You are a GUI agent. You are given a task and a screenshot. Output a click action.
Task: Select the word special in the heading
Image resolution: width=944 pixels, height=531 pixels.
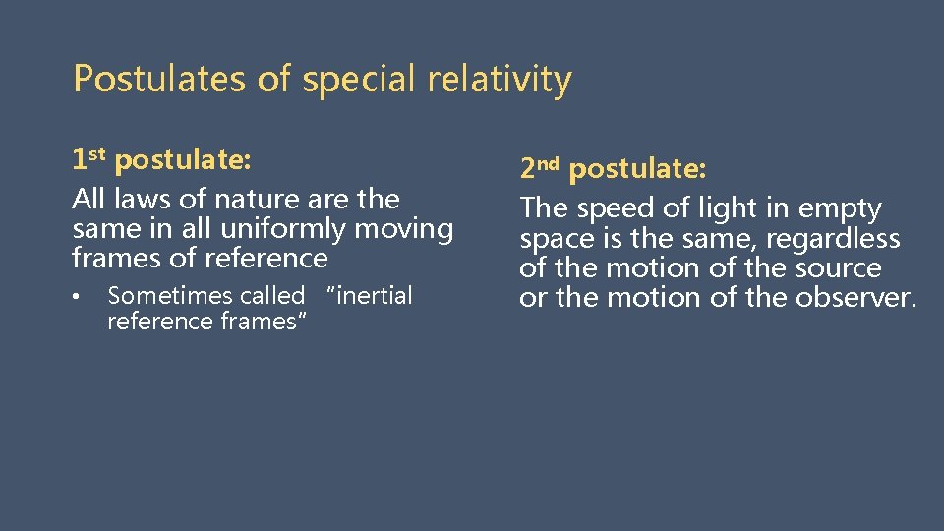[361, 79]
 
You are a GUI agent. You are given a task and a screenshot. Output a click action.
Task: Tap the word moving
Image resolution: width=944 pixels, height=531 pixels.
[404, 229]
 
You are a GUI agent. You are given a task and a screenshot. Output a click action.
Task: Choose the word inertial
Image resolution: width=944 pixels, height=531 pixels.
[375, 296]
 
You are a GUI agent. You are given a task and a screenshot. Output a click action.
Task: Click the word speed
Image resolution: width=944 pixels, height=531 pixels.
[620, 208]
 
